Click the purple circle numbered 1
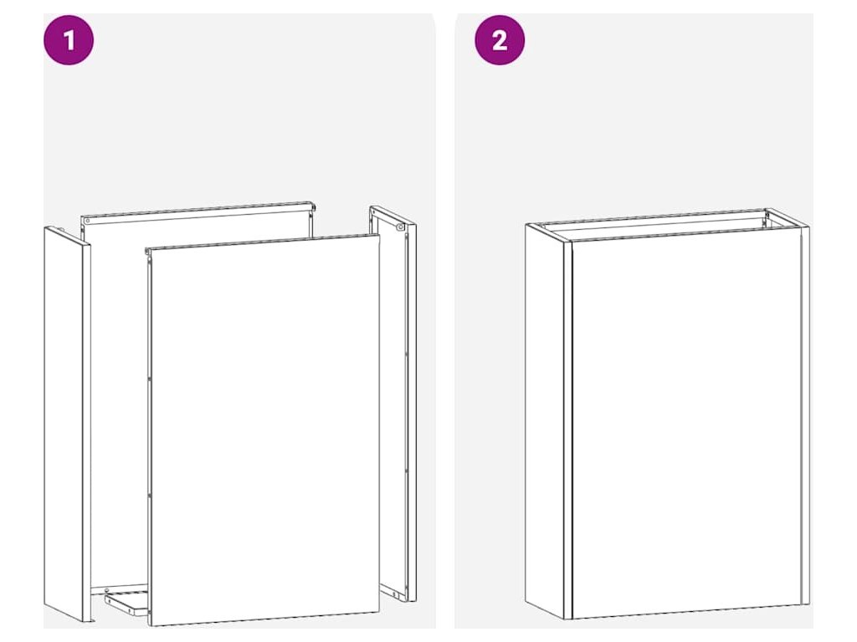point(69,40)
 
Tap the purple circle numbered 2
point(500,40)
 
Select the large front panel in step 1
point(264,431)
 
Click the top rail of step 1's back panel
point(198,213)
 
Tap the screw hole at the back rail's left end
point(87,221)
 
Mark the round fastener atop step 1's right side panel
point(401,227)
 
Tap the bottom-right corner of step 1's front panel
point(379,613)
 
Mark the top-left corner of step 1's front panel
point(149,248)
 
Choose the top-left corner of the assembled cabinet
point(526,224)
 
